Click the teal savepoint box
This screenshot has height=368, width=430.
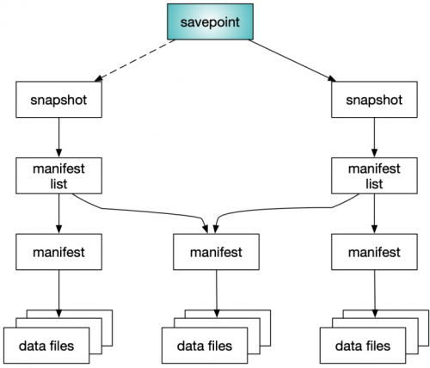(210, 21)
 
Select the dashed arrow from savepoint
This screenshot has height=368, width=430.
(135, 60)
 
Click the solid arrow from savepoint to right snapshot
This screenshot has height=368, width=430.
(292, 60)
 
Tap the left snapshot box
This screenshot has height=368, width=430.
(58, 100)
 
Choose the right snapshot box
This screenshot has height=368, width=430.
(374, 100)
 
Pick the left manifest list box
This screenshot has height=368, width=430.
(58, 175)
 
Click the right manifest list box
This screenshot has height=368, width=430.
(374, 175)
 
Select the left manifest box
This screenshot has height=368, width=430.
(58, 252)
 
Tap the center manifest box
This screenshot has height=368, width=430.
(216, 252)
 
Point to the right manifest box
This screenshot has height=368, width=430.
(374, 252)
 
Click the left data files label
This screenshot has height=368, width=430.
(46, 346)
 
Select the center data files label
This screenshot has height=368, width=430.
(205, 346)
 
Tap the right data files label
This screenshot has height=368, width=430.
(363, 346)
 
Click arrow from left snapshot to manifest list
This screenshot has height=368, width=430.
(59, 138)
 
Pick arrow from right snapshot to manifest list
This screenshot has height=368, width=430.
(374, 138)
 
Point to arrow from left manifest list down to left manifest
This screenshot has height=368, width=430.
(59, 214)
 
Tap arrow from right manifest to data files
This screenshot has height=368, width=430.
(375, 294)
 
